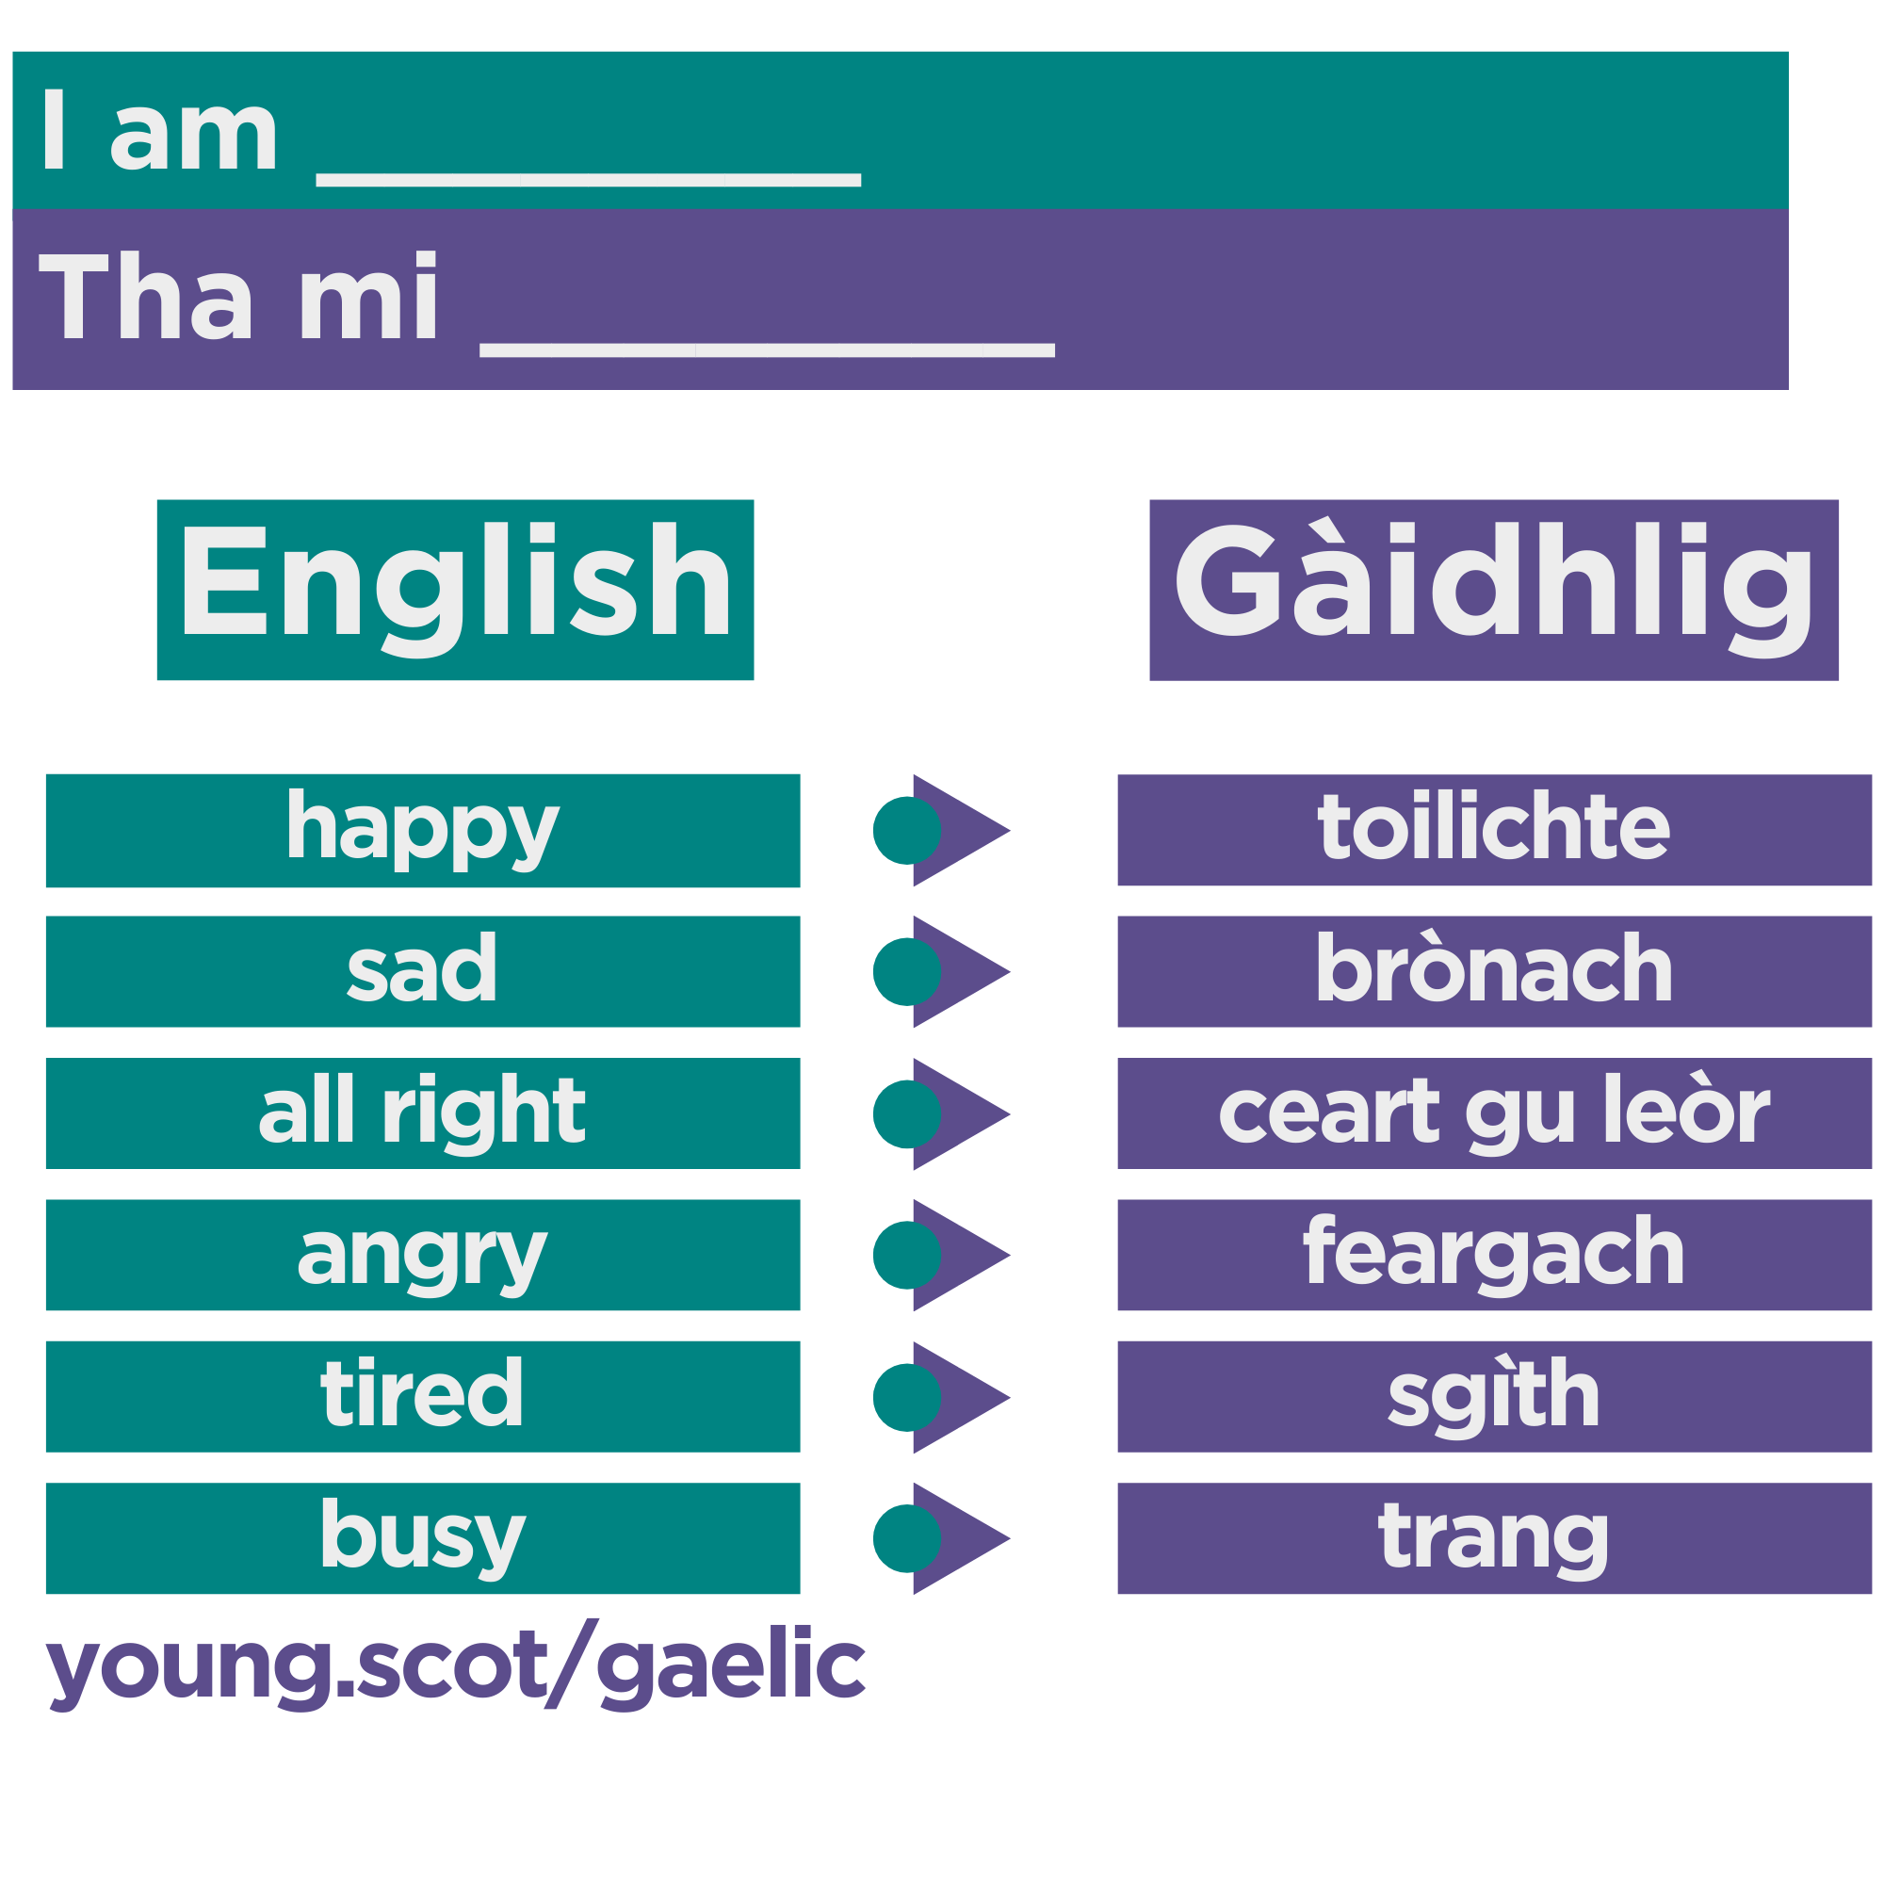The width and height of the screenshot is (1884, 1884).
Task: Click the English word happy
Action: tap(422, 830)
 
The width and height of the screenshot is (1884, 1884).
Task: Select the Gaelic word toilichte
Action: tap(1493, 830)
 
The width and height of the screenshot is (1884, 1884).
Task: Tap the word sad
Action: tap(422, 971)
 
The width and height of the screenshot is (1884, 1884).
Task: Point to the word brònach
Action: tap(1493, 971)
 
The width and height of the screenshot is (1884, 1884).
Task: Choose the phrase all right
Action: tap(422, 1113)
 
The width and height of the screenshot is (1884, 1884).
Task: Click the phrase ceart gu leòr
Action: tap(1493, 1113)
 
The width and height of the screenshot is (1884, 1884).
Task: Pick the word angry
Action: tap(422, 1255)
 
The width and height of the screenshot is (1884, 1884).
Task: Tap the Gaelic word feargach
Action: tap(1493, 1255)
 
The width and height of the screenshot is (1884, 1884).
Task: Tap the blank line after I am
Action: tap(588, 179)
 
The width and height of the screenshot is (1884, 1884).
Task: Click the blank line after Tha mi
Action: tap(767, 349)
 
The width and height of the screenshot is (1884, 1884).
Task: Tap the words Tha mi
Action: tap(239, 298)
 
